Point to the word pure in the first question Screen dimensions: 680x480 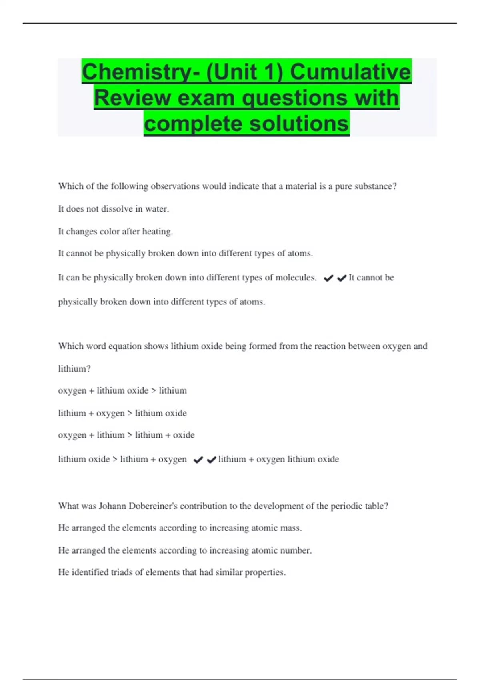[x=343, y=186]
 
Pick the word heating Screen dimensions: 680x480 [x=158, y=232]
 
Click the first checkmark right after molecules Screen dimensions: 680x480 [x=328, y=278]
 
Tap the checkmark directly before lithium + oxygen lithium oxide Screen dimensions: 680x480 [x=212, y=460]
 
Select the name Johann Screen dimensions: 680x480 [x=112, y=506]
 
